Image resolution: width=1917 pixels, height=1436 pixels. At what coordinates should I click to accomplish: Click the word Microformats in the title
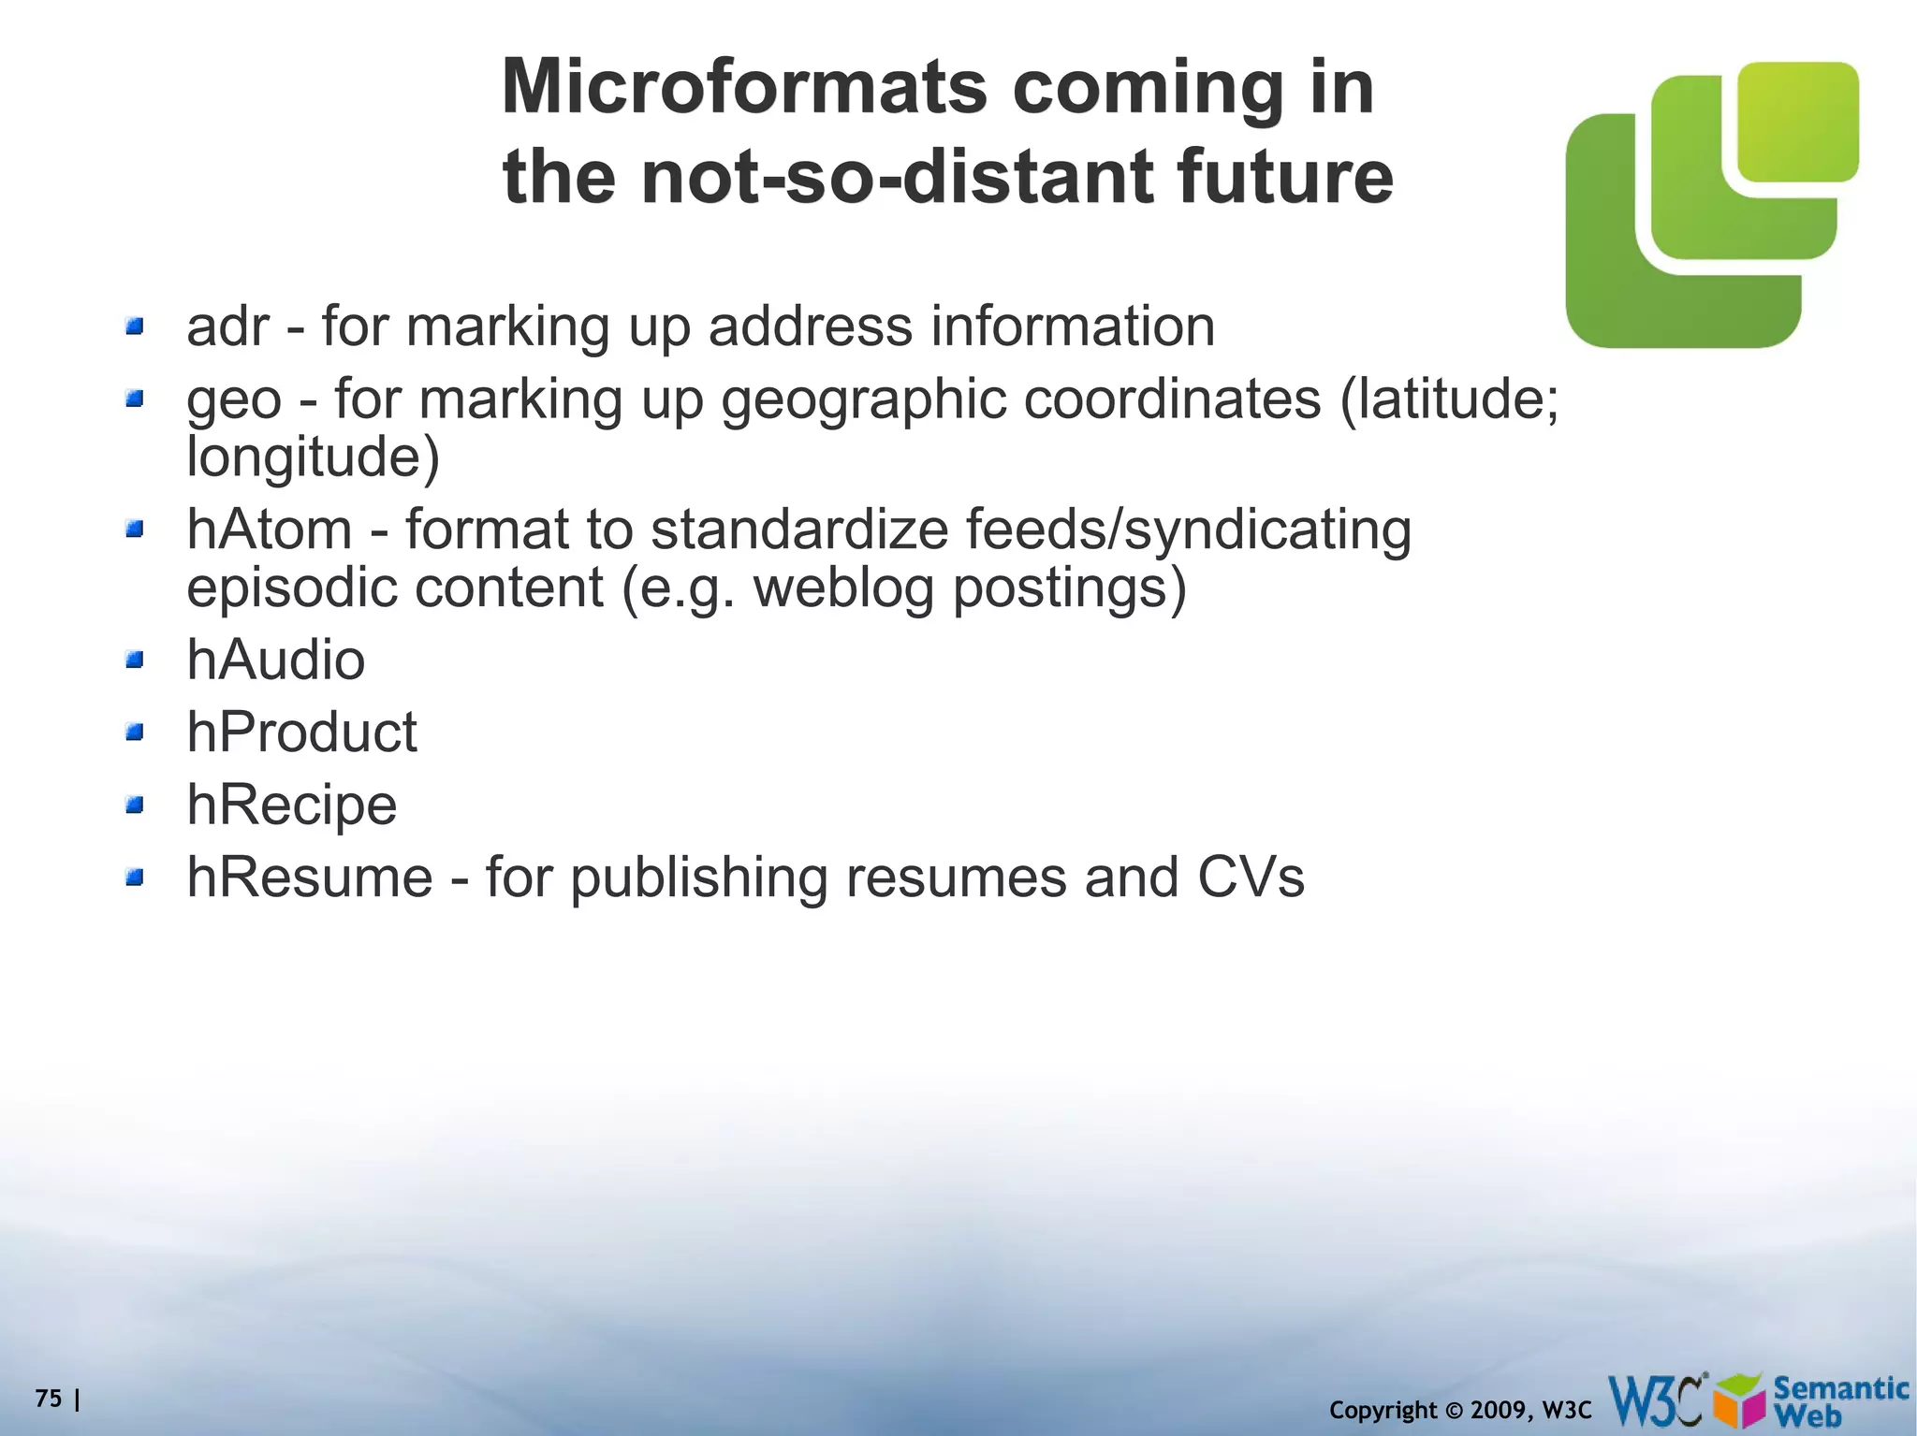pos(744,87)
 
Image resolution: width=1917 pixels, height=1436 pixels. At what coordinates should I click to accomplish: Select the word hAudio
pos(275,660)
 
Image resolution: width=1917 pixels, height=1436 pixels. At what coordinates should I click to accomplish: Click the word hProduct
pos(301,732)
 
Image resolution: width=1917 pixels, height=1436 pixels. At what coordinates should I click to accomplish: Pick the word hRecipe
pos(292,805)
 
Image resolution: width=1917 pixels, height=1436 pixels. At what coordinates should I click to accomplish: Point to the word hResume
pos(310,878)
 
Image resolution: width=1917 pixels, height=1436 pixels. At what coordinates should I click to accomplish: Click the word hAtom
pos(270,529)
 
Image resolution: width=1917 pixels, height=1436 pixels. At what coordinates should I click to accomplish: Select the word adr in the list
pos(228,327)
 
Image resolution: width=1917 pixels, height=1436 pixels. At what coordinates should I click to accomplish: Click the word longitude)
pos(313,457)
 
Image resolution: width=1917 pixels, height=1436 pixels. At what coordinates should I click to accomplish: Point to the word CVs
pos(1250,878)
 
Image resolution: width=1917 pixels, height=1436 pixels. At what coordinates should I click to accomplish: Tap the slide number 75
pos(49,1399)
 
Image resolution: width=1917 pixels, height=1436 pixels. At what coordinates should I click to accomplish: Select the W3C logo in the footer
pos(1658,1400)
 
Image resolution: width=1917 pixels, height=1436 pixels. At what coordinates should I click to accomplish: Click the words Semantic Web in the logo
pos(1840,1400)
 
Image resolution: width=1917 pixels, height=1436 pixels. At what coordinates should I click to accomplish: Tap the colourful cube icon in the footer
pos(1741,1402)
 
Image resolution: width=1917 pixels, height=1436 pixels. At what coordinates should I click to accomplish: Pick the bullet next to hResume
pos(136,878)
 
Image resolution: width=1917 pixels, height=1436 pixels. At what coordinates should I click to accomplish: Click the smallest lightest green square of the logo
pos(1797,122)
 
